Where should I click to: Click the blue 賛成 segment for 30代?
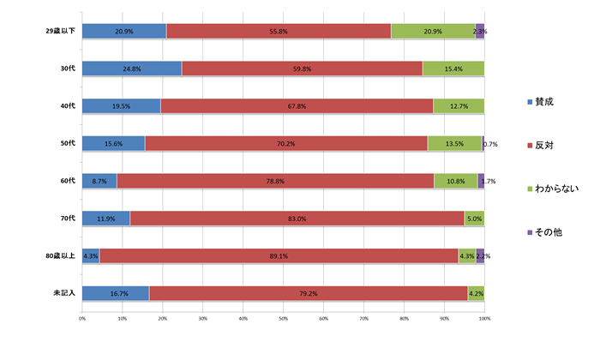click(x=131, y=68)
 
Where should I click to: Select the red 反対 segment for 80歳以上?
click(x=279, y=255)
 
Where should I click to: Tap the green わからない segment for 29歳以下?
click(x=433, y=31)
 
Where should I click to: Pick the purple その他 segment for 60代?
click(x=481, y=181)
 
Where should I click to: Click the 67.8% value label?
click(x=297, y=105)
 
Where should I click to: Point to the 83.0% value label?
click(x=297, y=219)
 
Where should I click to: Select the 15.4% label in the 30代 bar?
click(x=453, y=68)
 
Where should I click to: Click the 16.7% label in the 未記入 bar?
click(x=116, y=293)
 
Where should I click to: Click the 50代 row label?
click(x=69, y=143)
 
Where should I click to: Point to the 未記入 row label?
click(x=65, y=293)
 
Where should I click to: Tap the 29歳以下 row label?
click(x=61, y=31)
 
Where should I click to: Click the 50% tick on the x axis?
click(x=284, y=320)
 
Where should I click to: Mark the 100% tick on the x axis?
click(x=484, y=320)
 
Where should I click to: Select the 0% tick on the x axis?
click(x=82, y=320)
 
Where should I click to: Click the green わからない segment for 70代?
click(x=474, y=219)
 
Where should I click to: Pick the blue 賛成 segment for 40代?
click(x=121, y=105)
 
